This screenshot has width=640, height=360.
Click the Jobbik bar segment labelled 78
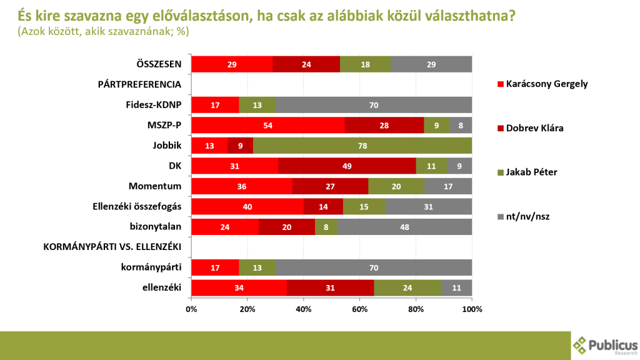pyautogui.click(x=362, y=146)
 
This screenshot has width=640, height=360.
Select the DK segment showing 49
pyautogui.click(x=347, y=166)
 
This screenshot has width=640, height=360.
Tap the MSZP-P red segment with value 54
pyautogui.click(x=268, y=126)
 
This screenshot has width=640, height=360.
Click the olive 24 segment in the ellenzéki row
pyautogui.click(x=407, y=287)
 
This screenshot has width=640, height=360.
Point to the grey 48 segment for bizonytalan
pyautogui.click(x=404, y=227)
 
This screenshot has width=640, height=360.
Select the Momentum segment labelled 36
pyautogui.click(x=242, y=186)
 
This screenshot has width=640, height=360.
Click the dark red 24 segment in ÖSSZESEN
pyautogui.click(x=306, y=64)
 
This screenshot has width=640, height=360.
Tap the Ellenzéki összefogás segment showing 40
pyautogui.click(x=247, y=207)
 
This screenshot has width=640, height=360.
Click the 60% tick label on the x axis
pyautogui.click(x=360, y=309)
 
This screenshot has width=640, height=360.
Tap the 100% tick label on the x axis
pyautogui.click(x=472, y=309)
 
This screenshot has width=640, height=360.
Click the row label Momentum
pyautogui.click(x=154, y=186)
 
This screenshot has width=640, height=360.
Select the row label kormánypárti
pyautogui.click(x=151, y=267)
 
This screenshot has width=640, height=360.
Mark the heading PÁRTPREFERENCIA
pyautogui.click(x=139, y=84)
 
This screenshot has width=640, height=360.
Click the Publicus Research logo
pyautogui.click(x=605, y=345)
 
